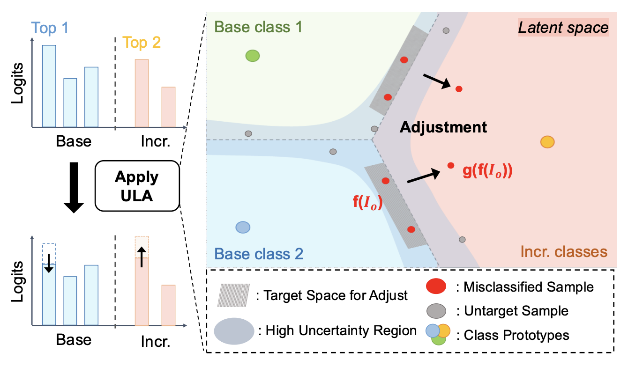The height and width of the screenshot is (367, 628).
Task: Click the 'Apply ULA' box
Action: click(137, 186)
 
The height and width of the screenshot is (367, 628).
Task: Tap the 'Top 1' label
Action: click(51, 29)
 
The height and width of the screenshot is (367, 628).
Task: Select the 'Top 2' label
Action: click(142, 43)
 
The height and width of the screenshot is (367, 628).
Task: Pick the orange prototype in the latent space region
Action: click(547, 142)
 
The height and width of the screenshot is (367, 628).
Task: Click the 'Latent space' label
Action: click(563, 28)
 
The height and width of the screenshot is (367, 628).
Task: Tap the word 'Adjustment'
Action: click(443, 127)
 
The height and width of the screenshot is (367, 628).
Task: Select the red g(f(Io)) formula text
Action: click(488, 171)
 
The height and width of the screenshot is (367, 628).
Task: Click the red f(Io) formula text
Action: click(368, 202)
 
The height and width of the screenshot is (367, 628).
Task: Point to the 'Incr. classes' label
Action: click(563, 252)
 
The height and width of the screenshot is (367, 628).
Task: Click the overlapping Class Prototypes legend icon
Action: click(438, 334)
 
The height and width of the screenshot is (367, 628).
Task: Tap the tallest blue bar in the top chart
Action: click(49, 86)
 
